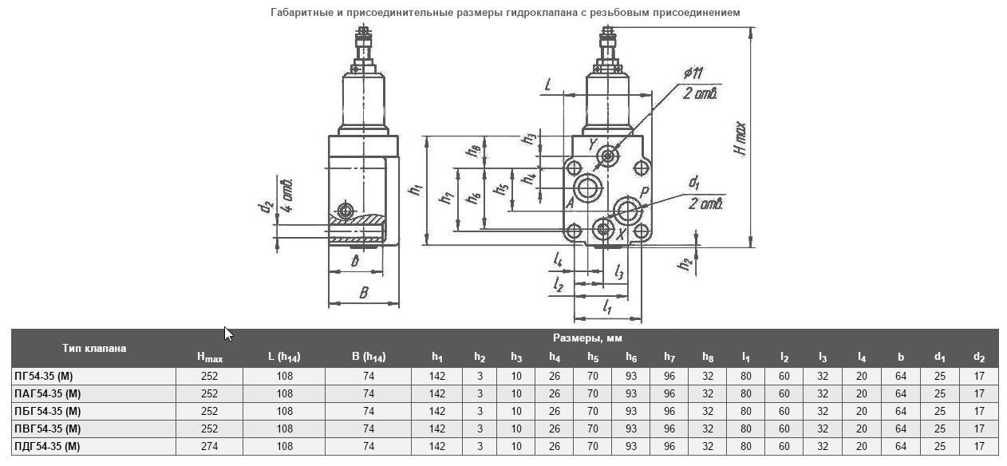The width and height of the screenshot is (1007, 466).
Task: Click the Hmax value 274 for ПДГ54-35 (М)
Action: click(x=209, y=446)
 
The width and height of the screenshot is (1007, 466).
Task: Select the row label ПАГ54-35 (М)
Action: click(x=48, y=393)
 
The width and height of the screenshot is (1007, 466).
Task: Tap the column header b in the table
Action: click(x=900, y=357)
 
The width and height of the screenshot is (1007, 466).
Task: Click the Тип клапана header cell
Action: click(x=94, y=348)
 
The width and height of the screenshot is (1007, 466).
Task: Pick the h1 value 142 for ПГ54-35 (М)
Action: click(x=436, y=376)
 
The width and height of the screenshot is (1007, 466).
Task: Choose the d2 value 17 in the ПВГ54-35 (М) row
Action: click(x=979, y=428)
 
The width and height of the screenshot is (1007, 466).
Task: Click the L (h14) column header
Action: click(x=284, y=357)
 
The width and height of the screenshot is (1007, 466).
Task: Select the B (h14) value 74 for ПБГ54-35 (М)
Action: click(x=368, y=411)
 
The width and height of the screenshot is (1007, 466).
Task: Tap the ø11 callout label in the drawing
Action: click(x=693, y=73)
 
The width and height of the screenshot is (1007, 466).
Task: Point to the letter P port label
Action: click(x=644, y=192)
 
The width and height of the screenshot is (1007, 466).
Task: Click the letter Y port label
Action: click(x=593, y=144)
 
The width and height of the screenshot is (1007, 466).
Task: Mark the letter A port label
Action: click(x=570, y=203)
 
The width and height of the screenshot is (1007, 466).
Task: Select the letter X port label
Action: click(x=622, y=235)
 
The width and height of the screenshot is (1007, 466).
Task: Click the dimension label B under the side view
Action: click(x=363, y=292)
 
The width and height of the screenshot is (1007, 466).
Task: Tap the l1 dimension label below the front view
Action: click(x=606, y=306)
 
